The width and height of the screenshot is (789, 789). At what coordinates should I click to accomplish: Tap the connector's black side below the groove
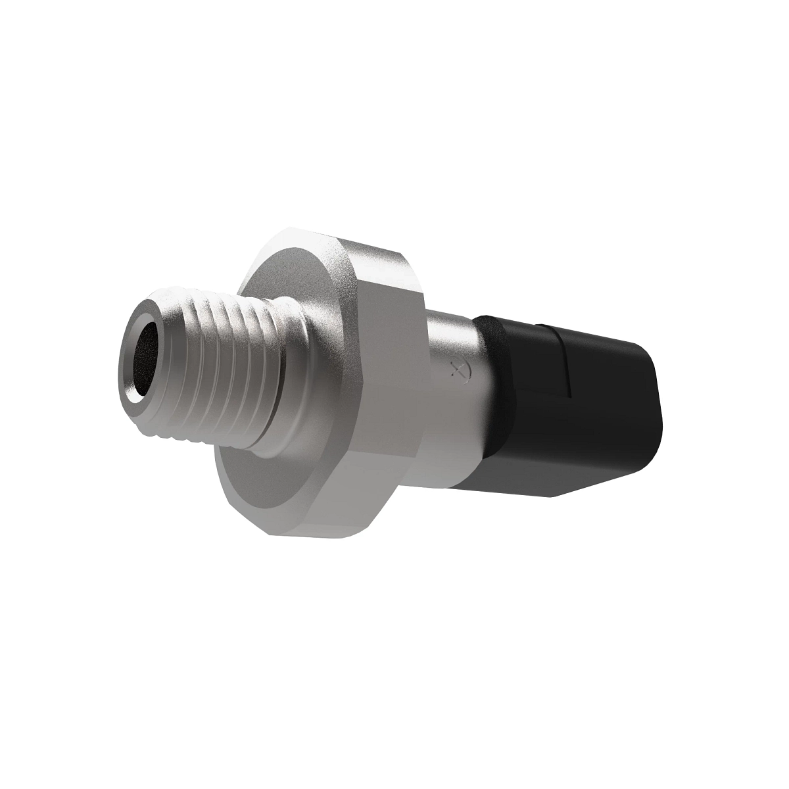click(x=592, y=421)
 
